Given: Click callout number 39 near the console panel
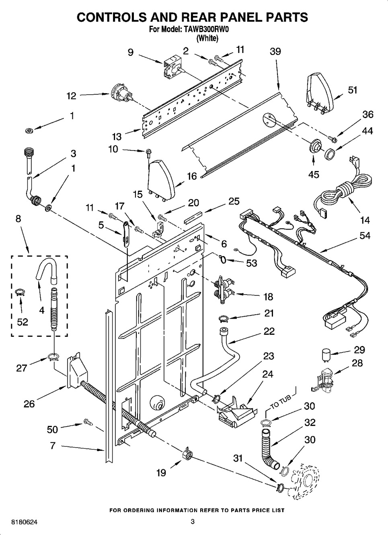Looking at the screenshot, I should pos(275,51).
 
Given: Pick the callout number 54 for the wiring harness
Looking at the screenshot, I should pos(365,235).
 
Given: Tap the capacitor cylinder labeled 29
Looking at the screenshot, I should pos(327,354).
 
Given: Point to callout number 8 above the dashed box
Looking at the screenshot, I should pos(18,219).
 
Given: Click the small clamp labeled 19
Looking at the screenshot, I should pos(187,453).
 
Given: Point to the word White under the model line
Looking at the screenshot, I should pos(207,39).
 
